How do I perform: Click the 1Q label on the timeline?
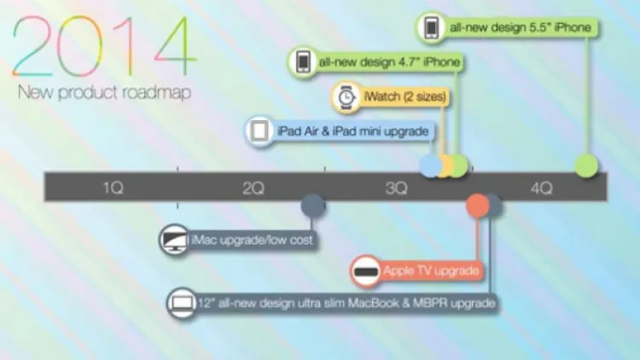(113, 188)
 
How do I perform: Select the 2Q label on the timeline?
(253, 189)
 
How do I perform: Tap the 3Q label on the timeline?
(396, 189)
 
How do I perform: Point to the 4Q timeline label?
(542, 189)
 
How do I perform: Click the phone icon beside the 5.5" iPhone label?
(432, 28)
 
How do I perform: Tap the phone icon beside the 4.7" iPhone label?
(303, 62)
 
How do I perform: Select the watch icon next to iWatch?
(346, 97)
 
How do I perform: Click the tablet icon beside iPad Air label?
(259, 131)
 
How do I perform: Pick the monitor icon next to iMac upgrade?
(175, 239)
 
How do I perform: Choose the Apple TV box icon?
(366, 271)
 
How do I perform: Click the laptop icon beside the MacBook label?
(182, 303)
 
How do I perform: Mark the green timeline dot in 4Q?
(586, 165)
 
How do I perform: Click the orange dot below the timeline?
(478, 206)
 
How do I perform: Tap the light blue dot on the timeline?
(430, 165)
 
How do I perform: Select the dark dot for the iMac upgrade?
(313, 206)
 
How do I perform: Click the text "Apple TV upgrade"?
(431, 270)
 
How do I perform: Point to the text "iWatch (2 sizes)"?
(404, 96)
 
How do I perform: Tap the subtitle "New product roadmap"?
(104, 93)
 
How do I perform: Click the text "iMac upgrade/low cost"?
(252, 240)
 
